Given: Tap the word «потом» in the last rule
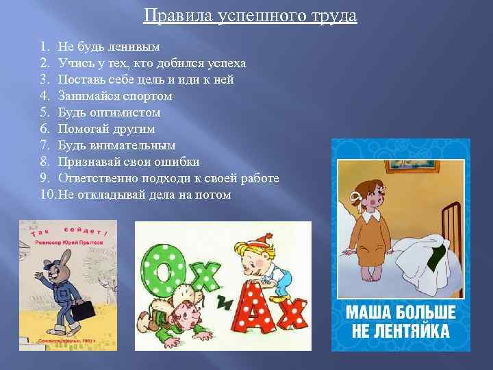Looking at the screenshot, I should pyautogui.click(x=214, y=195).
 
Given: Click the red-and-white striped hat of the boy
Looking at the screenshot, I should pyautogui.click(x=255, y=249).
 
